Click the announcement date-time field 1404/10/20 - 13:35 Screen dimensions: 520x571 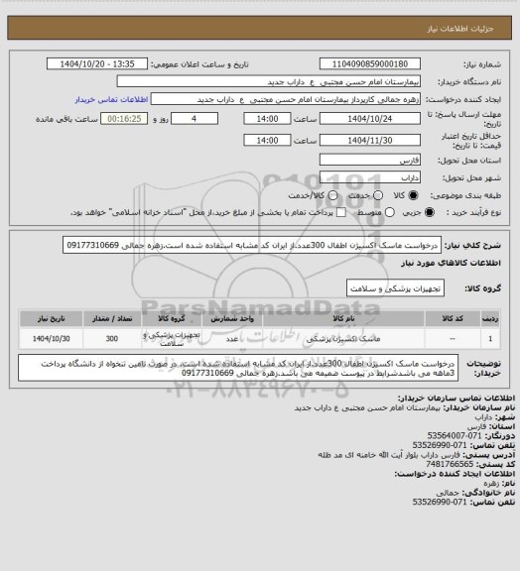pyautogui.click(x=98, y=62)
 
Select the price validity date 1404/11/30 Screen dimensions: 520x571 pyautogui.click(x=358, y=140)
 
